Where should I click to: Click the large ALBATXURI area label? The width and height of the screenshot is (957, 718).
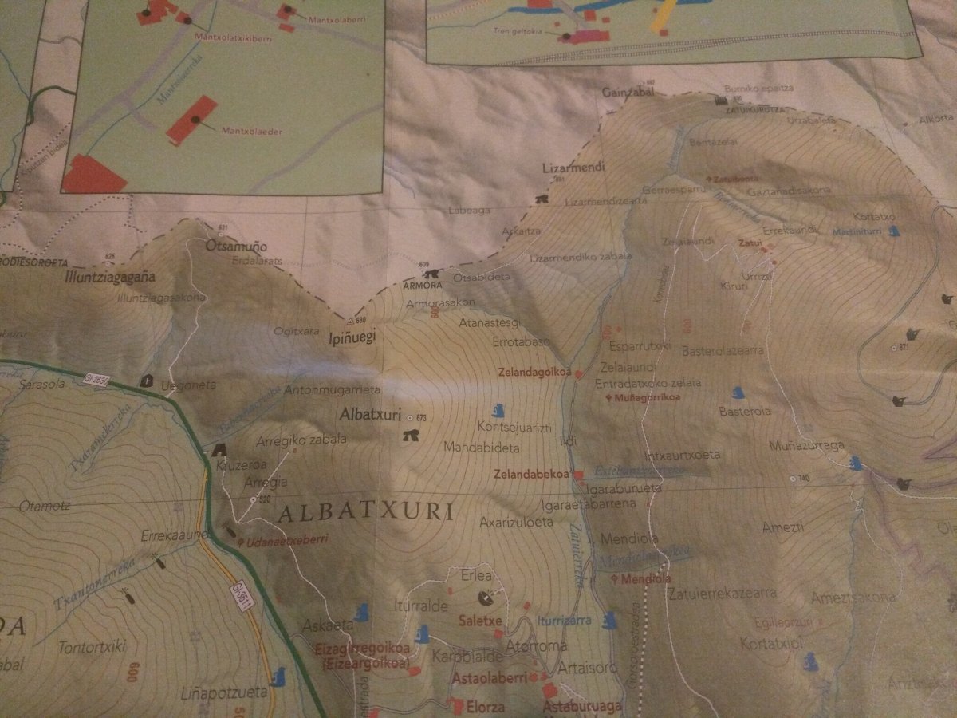click(x=366, y=512)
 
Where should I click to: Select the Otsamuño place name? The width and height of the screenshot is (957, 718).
click(x=236, y=247)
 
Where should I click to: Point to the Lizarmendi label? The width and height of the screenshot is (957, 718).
click(x=573, y=168)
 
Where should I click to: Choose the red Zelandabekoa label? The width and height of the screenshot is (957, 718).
click(x=532, y=474)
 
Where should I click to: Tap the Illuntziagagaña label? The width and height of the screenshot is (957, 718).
click(x=109, y=278)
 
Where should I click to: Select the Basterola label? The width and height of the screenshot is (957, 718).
click(x=745, y=412)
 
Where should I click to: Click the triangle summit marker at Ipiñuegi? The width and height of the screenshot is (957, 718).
click(x=349, y=321)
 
